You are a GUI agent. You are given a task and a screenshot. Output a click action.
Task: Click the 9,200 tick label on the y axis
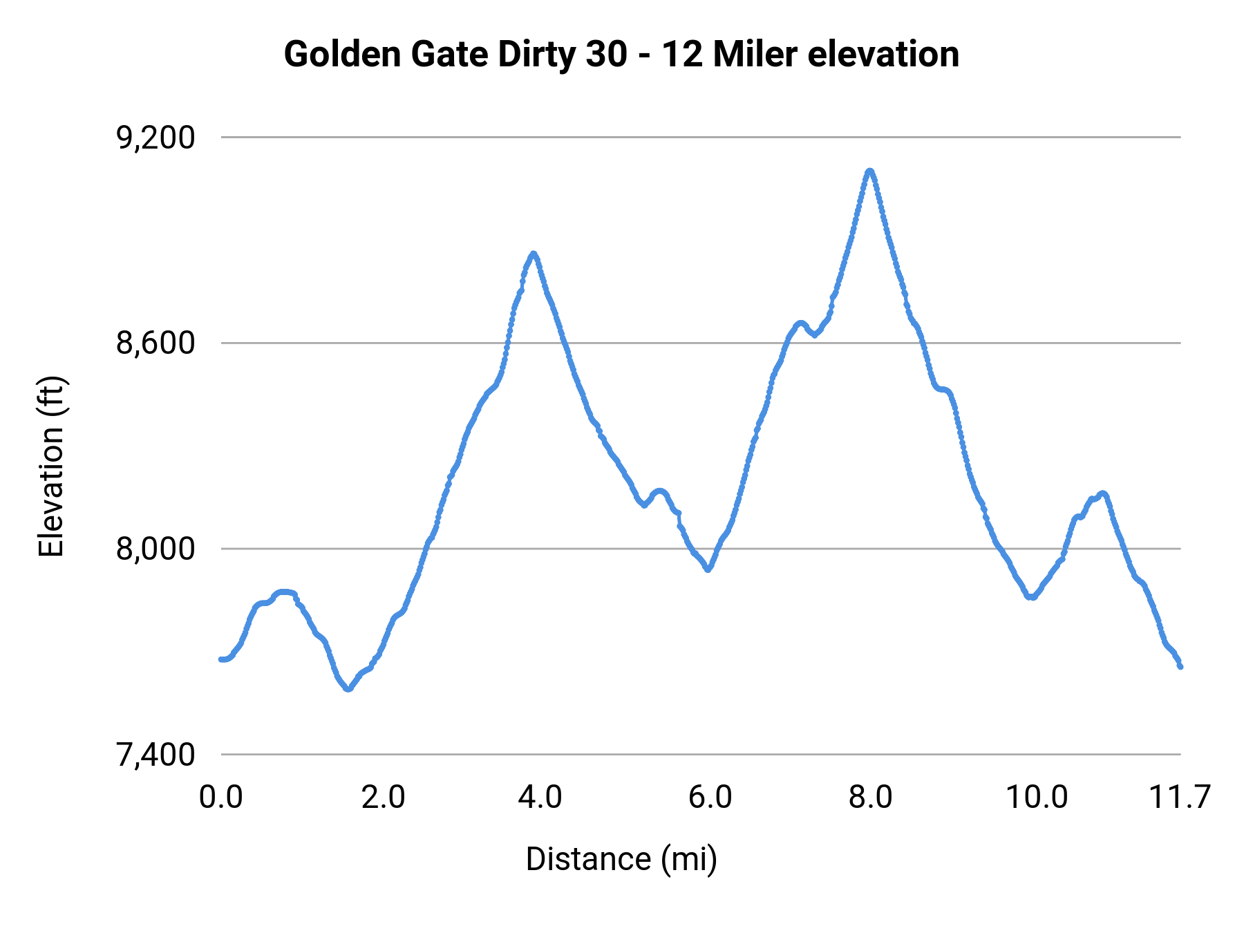155,138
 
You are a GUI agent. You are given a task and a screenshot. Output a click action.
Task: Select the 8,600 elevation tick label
155,343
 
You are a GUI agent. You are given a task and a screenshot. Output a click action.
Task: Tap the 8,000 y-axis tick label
155,549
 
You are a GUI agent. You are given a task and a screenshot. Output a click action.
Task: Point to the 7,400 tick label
155,755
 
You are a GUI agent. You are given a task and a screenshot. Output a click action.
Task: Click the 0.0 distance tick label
220,798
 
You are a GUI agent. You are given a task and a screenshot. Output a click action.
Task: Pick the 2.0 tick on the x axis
383,798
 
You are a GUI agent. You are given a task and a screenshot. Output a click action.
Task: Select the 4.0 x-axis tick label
540,798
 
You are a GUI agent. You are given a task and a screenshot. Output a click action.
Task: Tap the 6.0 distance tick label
710,798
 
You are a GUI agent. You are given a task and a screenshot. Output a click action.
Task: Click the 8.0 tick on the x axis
870,798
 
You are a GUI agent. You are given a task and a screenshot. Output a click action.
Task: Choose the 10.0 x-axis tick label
1036,798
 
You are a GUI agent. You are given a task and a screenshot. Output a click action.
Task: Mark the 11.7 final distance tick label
1179,798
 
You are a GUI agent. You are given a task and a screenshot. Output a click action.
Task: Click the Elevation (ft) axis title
51,466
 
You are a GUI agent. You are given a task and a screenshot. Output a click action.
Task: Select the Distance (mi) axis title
621,859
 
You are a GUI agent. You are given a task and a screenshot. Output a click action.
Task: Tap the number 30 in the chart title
606,55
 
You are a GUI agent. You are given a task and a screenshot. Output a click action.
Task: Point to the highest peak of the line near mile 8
869,171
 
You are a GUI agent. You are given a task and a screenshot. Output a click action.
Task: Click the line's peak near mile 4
533,254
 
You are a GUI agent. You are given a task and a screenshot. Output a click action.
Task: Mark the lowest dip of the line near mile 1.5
348,689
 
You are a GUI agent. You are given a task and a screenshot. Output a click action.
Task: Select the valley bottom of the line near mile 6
708,569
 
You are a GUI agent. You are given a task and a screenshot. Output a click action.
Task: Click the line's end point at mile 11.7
1180,666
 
